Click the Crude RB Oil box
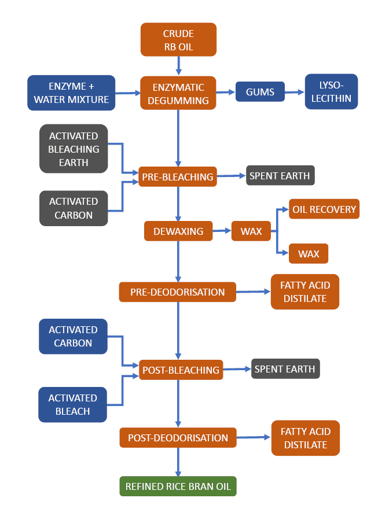(x=178, y=39)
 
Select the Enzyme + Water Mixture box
(x=71, y=93)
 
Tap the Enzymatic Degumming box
(x=178, y=93)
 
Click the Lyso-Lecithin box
(x=331, y=91)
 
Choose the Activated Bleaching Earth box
(x=74, y=149)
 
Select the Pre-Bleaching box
(x=178, y=176)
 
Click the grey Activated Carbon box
(x=74, y=208)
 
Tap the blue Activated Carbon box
(x=73, y=336)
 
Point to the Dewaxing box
(x=178, y=231)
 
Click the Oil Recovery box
(x=324, y=209)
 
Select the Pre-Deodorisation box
(x=177, y=292)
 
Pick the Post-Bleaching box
(x=181, y=370)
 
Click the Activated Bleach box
(x=73, y=404)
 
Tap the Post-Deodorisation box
(x=178, y=437)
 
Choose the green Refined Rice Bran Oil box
(x=178, y=486)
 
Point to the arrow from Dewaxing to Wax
(x=222, y=231)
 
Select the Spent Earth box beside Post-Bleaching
(x=285, y=369)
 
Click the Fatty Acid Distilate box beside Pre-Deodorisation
(x=304, y=292)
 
